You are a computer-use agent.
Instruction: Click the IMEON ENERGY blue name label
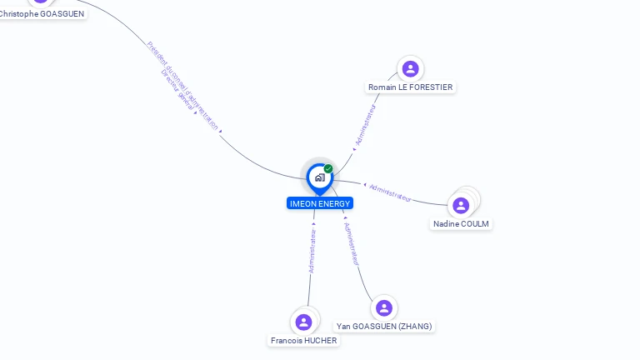point(320,203)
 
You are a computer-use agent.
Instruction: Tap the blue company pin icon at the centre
point(319,177)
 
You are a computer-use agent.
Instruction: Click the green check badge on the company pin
point(328,169)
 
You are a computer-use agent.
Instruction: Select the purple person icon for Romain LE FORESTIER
point(409,69)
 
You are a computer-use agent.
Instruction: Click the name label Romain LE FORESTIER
point(411,87)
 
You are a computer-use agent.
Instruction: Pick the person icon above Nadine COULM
point(461,205)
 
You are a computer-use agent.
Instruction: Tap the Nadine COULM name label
point(462,224)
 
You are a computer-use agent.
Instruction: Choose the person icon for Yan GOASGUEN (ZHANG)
point(383,308)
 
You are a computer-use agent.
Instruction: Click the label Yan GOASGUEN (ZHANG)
point(384,327)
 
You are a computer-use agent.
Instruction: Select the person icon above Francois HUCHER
point(303,322)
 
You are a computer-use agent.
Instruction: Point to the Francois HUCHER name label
point(304,341)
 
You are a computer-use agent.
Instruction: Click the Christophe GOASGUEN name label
point(42,13)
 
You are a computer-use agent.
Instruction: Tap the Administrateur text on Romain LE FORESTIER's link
point(366,126)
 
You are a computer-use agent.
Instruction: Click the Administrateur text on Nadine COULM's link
point(390,192)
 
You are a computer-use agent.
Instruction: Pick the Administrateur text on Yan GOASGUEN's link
point(352,243)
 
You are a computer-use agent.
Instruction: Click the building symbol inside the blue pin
point(319,177)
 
